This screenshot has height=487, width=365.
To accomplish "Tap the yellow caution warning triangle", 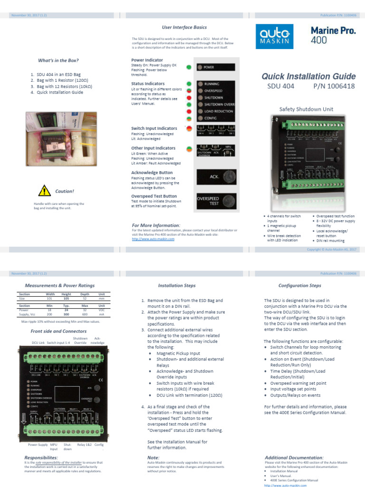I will click(x=45, y=191).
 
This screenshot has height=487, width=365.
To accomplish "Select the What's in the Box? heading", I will click(x=58, y=60).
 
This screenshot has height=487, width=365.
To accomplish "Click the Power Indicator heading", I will click(x=147, y=60).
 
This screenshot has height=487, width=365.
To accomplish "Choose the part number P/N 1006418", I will click(x=334, y=86).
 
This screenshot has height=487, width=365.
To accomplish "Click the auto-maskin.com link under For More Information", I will click(x=153, y=239).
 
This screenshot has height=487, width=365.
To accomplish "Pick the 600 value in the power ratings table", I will click(x=85, y=314).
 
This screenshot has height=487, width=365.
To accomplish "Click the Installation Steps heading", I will click(x=176, y=286).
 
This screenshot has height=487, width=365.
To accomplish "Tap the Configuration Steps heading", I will click(x=299, y=286).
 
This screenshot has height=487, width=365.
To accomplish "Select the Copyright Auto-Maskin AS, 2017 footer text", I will click(x=330, y=249).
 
